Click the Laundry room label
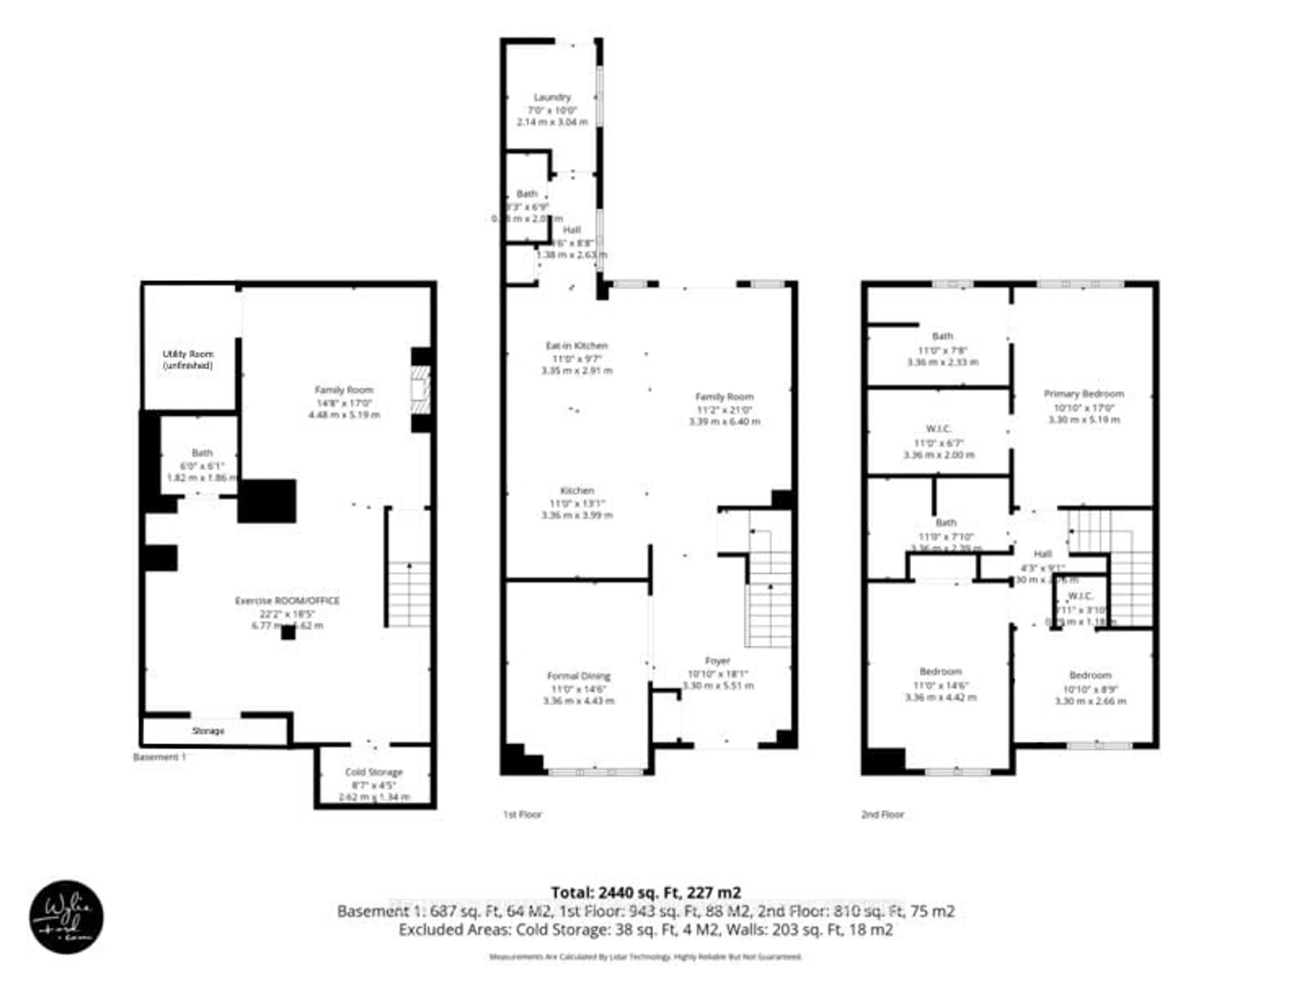coord(552,97)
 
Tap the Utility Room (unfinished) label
coord(188,360)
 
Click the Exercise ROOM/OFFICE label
coord(288,600)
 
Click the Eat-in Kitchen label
coord(576,345)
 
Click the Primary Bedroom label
coord(1083,394)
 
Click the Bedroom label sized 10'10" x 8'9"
coord(1090,675)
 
